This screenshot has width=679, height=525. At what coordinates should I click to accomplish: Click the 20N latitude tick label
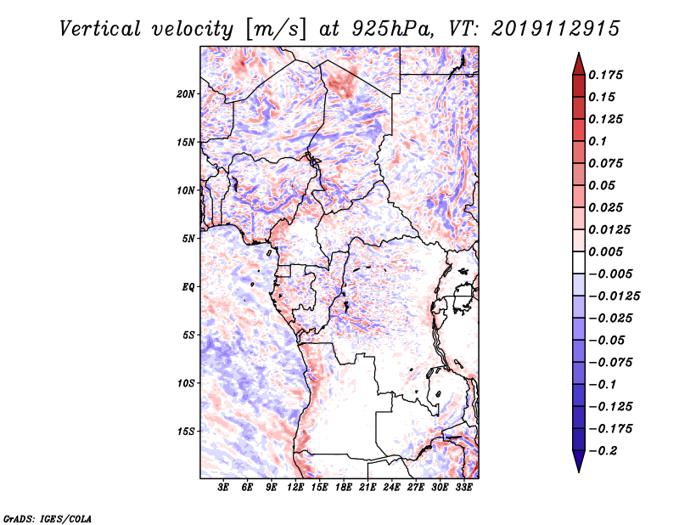click(x=186, y=94)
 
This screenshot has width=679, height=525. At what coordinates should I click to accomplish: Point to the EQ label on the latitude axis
click(x=188, y=287)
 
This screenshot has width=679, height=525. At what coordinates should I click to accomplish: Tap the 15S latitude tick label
click(x=186, y=432)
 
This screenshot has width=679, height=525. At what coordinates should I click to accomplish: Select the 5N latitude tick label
click(x=188, y=239)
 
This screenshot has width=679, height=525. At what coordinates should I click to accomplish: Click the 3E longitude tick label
click(x=223, y=488)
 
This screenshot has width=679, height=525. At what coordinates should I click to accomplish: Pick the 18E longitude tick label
click(x=343, y=488)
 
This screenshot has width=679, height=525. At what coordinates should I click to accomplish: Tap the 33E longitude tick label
click(x=463, y=488)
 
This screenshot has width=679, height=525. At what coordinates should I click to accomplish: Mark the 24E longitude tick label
click(x=391, y=488)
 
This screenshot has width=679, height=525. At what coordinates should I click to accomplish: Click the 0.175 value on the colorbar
click(x=605, y=75)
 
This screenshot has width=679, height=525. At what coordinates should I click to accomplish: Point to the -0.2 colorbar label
click(x=603, y=451)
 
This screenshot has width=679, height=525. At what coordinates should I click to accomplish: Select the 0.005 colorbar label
click(x=605, y=251)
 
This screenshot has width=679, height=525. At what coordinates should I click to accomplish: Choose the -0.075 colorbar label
click(x=610, y=363)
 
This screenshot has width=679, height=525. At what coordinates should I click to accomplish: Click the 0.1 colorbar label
click(x=598, y=141)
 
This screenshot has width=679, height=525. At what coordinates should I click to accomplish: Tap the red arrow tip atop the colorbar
click(x=579, y=53)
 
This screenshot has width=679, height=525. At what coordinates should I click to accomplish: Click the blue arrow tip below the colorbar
click(x=579, y=471)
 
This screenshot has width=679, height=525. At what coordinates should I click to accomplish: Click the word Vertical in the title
click(x=100, y=29)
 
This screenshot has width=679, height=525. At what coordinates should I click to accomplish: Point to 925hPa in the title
click(x=391, y=29)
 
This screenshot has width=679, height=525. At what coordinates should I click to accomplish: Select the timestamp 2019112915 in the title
click(x=556, y=29)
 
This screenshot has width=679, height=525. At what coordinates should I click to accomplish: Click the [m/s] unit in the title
click(x=276, y=29)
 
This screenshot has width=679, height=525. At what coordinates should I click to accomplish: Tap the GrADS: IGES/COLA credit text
click(x=48, y=518)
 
